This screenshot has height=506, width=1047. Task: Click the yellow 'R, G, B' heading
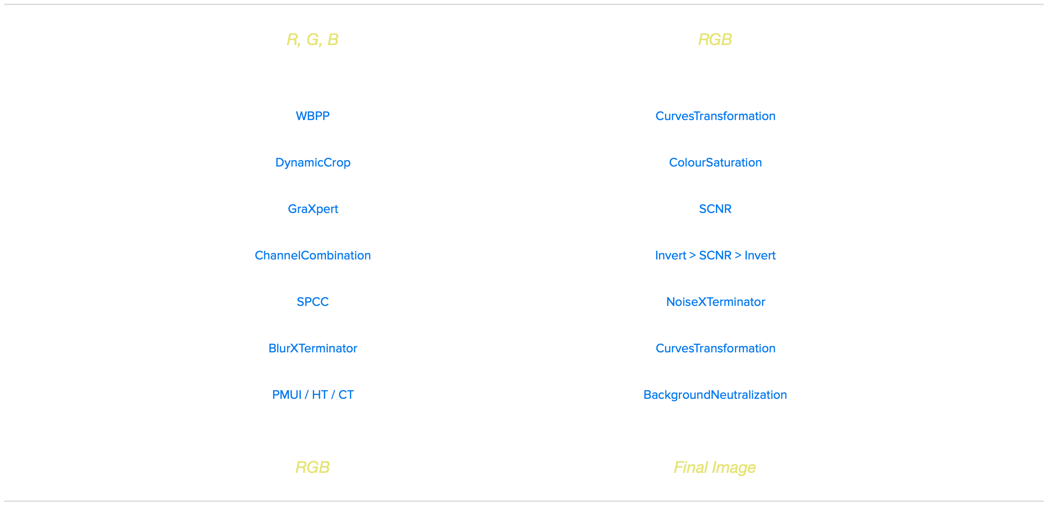[312, 40]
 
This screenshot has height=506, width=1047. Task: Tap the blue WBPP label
[313, 116]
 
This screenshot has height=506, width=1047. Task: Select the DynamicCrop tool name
[313, 162]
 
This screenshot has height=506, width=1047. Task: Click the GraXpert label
[313, 209]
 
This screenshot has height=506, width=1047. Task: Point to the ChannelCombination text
[313, 255]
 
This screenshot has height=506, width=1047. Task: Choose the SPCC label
[313, 302]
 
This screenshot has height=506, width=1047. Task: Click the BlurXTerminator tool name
[313, 348]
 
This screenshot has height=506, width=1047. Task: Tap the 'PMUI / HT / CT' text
[313, 395]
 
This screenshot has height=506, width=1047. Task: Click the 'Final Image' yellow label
[715, 467]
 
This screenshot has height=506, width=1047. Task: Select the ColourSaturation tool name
[715, 162]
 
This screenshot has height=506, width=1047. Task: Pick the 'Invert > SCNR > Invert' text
[715, 255]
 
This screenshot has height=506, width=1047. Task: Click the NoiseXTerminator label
[715, 302]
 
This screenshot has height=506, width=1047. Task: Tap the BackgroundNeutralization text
[715, 395]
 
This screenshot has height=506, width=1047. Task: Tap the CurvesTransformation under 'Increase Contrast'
[715, 348]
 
